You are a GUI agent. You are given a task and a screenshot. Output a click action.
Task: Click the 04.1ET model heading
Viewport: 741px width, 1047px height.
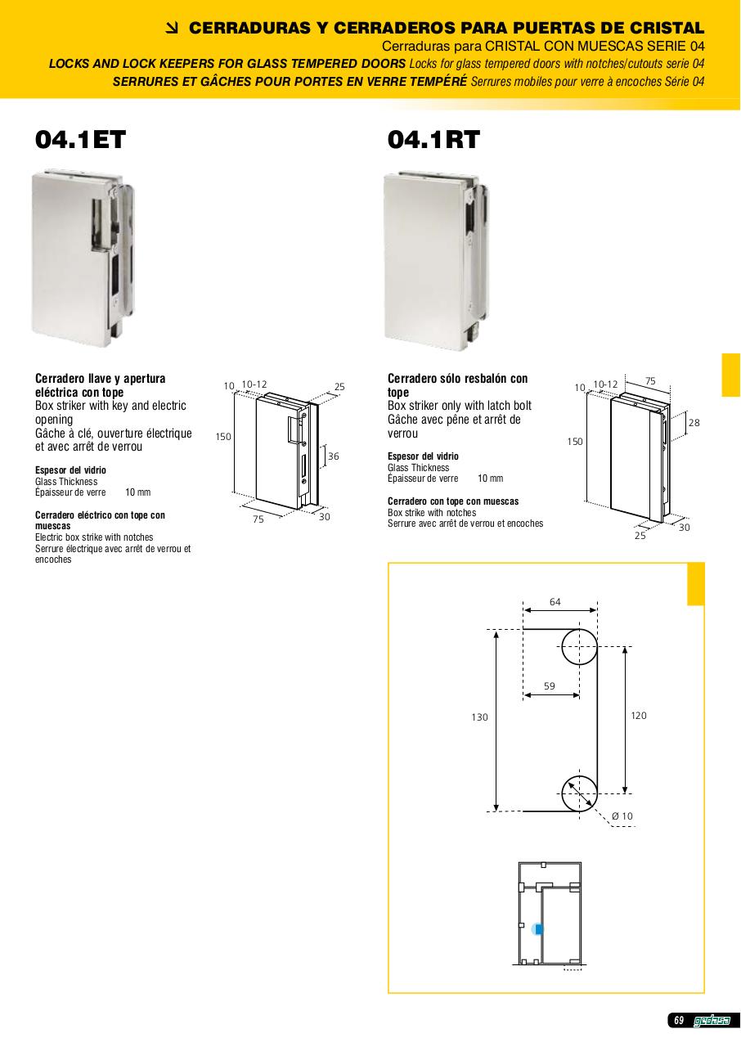coord(80,139)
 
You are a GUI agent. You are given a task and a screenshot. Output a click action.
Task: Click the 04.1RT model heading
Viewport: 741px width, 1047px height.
coord(433,139)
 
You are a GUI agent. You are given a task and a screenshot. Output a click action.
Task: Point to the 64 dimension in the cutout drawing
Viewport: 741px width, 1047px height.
coord(555,601)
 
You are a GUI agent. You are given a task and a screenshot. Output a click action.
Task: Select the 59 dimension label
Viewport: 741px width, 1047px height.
coord(550,685)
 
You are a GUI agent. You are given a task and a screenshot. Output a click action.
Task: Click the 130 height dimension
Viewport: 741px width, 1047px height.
coord(479,717)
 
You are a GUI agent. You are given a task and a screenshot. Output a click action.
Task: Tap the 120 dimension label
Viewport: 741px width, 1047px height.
coord(639,715)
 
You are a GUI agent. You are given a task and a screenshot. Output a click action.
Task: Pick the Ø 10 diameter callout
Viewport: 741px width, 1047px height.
coord(622,816)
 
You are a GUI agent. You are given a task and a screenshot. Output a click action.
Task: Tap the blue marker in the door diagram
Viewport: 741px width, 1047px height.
coord(538,928)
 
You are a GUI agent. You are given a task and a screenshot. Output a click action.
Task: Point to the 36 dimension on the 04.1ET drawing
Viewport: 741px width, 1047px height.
coord(334,456)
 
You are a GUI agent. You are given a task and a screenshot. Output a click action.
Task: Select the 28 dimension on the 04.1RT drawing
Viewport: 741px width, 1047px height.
coord(694,423)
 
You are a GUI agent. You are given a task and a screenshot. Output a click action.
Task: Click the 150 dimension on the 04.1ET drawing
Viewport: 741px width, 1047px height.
coord(223,437)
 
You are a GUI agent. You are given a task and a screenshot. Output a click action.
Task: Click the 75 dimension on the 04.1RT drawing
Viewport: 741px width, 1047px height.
coord(650,381)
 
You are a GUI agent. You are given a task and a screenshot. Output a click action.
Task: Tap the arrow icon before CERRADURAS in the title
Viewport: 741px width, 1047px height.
coord(173,29)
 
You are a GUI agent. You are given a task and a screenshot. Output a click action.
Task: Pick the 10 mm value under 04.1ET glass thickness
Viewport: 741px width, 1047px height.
coord(138,492)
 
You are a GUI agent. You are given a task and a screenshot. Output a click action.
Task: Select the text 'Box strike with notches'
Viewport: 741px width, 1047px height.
coord(432,513)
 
